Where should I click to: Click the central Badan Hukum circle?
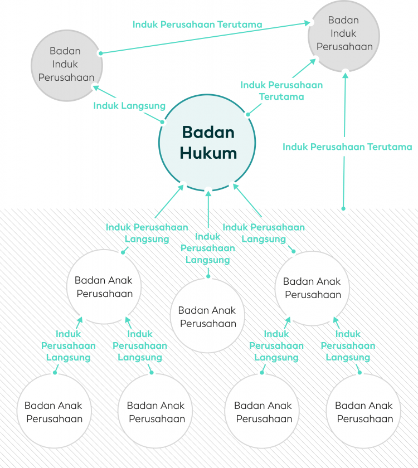coord(207,143)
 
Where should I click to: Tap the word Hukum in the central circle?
coord(208,153)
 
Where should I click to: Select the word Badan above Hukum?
coord(208,133)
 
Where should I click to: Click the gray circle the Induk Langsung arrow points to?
coord(66,65)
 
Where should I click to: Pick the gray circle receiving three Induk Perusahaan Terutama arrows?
coord(343,35)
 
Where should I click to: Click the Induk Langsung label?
coord(129,105)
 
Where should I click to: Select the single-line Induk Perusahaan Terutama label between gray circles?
coord(197,25)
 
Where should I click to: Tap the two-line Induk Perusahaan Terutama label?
coord(281,91)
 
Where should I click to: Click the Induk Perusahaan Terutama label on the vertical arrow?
coord(347,147)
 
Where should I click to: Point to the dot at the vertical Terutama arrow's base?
coord(343,209)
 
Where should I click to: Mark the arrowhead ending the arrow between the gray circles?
coord(308,23)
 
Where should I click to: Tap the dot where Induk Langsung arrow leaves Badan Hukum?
coord(163,121)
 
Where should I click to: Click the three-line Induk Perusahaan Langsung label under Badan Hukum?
coord(208,248)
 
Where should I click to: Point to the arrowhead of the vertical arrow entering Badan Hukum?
coord(208,192)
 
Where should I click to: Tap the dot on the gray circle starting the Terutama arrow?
coord(100,53)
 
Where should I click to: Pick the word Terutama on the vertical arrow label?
coord(390,147)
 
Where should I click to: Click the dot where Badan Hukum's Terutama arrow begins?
coord(248,114)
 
